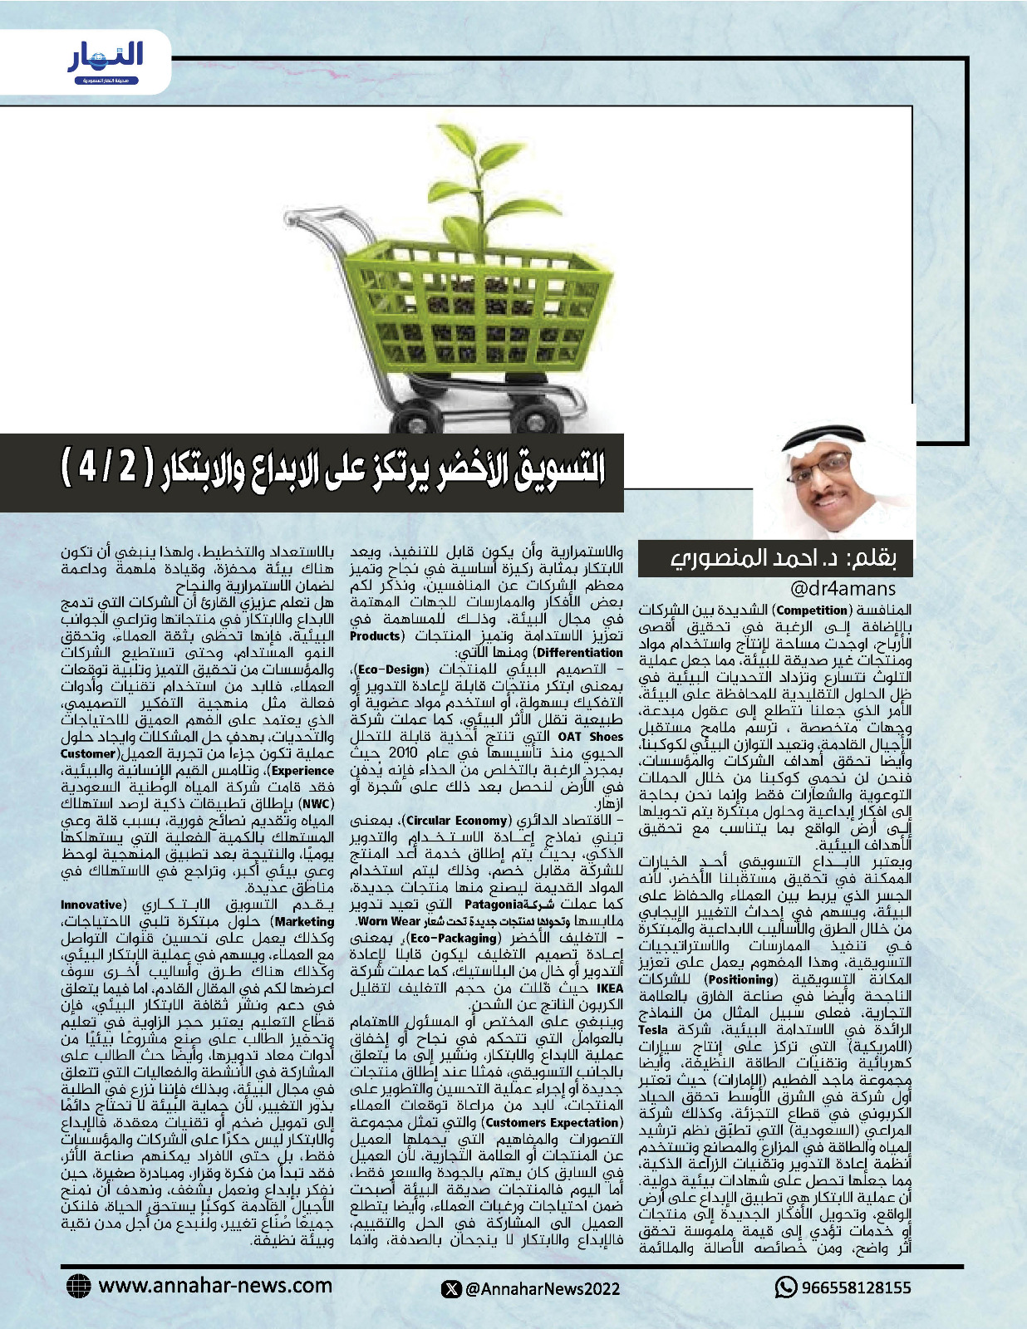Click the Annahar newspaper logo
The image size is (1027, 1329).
pyautogui.click(x=106, y=62)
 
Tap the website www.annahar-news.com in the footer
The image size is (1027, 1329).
pyautogui.click(x=215, y=1285)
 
